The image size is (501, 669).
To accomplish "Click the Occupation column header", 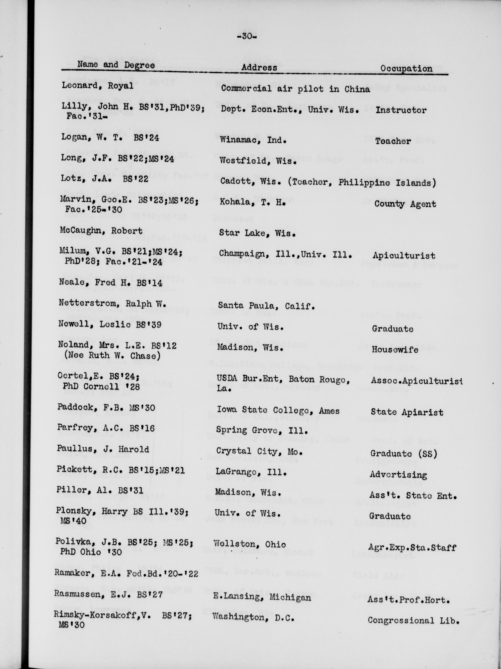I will click(406, 69).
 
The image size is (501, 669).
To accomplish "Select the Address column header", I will click(259, 67).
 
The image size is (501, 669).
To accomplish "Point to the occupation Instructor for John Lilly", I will click(401, 110).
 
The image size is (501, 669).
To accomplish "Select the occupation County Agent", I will click(405, 204).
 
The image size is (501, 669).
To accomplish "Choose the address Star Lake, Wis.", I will click(257, 233).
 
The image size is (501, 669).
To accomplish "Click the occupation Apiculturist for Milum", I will click(404, 256).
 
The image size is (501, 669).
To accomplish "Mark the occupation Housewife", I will click(395, 350).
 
